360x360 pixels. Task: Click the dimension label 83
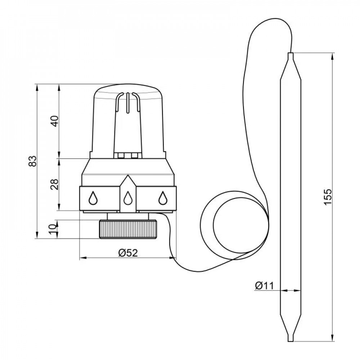33,161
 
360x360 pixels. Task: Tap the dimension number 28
55,184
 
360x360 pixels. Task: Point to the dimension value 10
53,229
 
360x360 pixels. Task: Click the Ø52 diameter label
128,253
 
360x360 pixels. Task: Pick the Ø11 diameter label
265,285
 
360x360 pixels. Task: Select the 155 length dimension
328,197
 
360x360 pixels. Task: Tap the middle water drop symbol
128,198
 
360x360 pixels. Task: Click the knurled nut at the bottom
128,229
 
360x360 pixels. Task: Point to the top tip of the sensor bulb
291,53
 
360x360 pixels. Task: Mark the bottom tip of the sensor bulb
291,341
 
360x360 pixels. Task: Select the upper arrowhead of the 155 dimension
332,57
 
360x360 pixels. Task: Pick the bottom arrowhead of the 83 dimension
37,235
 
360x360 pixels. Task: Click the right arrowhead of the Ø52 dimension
173,258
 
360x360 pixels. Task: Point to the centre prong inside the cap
127,103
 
